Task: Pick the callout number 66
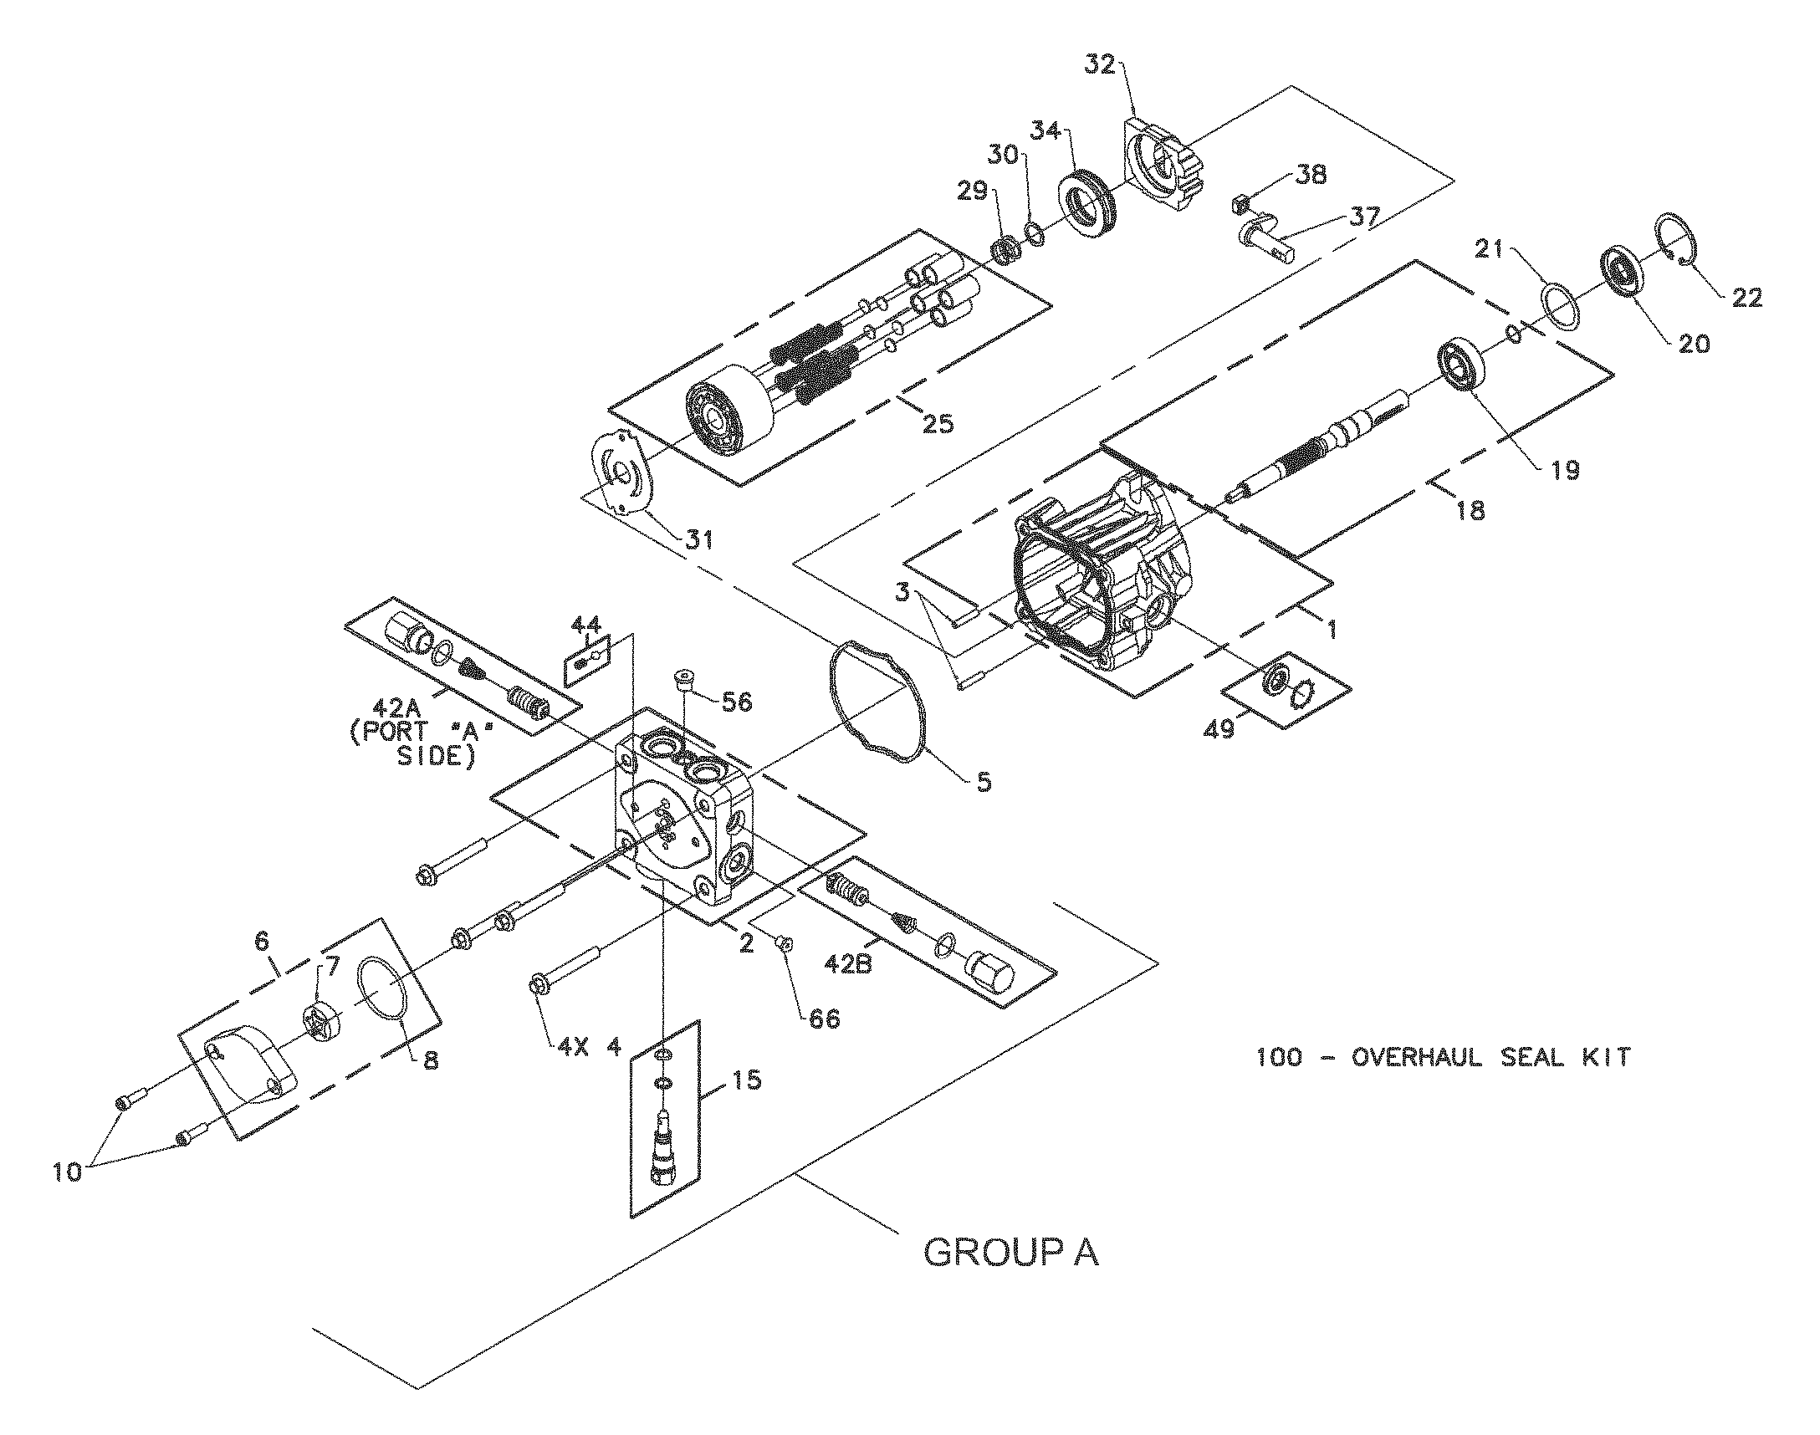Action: click(825, 1019)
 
